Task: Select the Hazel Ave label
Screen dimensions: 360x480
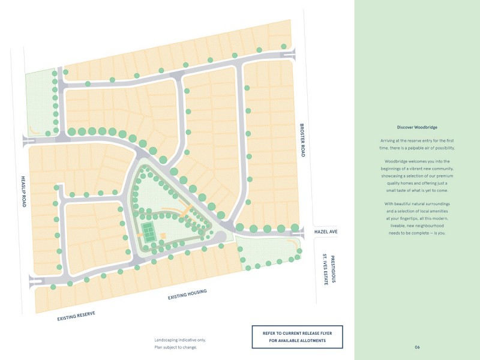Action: click(326, 231)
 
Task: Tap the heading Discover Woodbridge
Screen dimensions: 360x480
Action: click(416, 127)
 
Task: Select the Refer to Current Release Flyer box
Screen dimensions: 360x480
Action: click(297, 336)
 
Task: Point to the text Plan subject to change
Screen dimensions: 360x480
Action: click(175, 347)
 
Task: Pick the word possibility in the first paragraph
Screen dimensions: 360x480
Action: click(442, 148)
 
